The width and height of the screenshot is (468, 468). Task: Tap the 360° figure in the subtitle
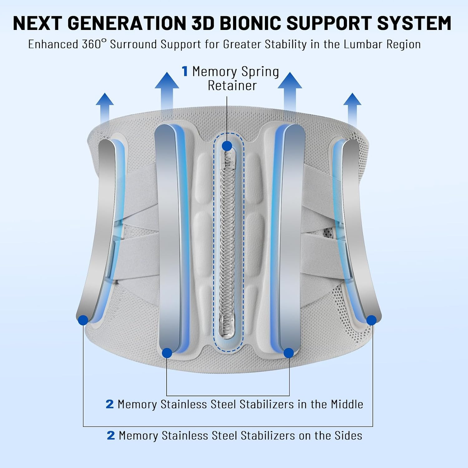(92, 44)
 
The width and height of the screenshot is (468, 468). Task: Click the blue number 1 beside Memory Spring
(185, 71)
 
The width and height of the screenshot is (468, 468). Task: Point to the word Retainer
(232, 85)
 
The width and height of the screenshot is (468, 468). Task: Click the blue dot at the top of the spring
(227, 146)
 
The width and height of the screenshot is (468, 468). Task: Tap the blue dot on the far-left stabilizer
(83, 320)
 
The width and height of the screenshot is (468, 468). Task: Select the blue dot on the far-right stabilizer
(372, 320)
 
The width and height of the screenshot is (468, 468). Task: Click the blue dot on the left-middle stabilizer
(167, 353)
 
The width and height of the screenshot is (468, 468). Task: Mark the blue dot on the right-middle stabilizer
(289, 353)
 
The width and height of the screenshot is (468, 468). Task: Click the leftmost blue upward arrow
(105, 108)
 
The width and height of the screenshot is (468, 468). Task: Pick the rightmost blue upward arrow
(353, 108)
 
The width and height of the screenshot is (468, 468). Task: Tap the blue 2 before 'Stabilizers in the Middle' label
(110, 404)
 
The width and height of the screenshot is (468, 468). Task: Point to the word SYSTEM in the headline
(414, 23)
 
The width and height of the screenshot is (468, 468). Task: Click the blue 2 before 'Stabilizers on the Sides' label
(111, 435)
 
